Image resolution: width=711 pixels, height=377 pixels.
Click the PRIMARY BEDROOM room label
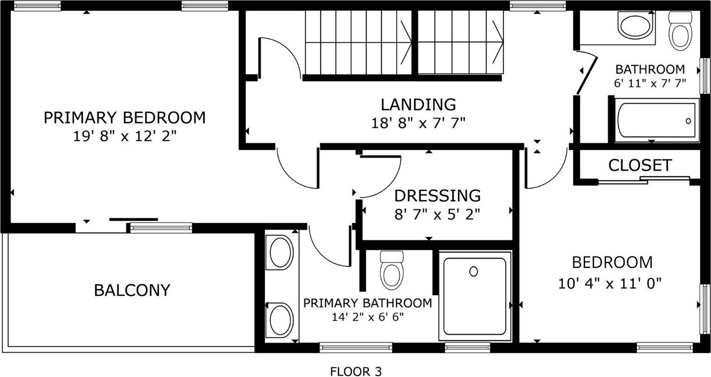pyautogui.click(x=124, y=117)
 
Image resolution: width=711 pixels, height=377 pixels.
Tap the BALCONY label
pyautogui.click(x=132, y=290)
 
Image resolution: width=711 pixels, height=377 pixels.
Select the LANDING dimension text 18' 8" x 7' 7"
pyautogui.click(x=418, y=123)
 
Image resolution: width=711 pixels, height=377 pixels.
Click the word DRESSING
pyautogui.click(x=437, y=195)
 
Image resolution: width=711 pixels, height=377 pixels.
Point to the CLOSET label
pyautogui.click(x=640, y=165)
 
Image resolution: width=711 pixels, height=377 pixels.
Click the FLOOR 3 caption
pyautogui.click(x=356, y=371)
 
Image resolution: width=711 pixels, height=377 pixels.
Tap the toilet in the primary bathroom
pyautogui.click(x=392, y=270)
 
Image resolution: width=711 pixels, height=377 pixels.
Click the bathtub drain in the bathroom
pyautogui.click(x=688, y=121)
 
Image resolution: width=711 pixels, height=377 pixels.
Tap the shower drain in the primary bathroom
pyautogui.click(x=473, y=271)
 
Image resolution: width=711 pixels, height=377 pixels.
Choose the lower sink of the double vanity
pyautogui.click(x=281, y=320)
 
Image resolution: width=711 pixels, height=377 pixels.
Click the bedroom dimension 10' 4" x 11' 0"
pyautogui.click(x=610, y=283)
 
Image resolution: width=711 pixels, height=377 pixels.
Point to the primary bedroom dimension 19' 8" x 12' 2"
pyautogui.click(x=124, y=137)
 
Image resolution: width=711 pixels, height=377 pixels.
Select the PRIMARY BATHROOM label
pyautogui.click(x=368, y=303)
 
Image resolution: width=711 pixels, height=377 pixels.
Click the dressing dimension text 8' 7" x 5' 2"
pyautogui.click(x=437, y=215)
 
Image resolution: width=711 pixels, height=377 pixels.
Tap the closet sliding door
pyautogui.click(x=644, y=180)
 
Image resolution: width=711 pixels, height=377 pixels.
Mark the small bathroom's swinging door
pyautogui.click(x=587, y=75)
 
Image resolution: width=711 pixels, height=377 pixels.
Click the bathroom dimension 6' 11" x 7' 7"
pyautogui.click(x=650, y=83)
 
